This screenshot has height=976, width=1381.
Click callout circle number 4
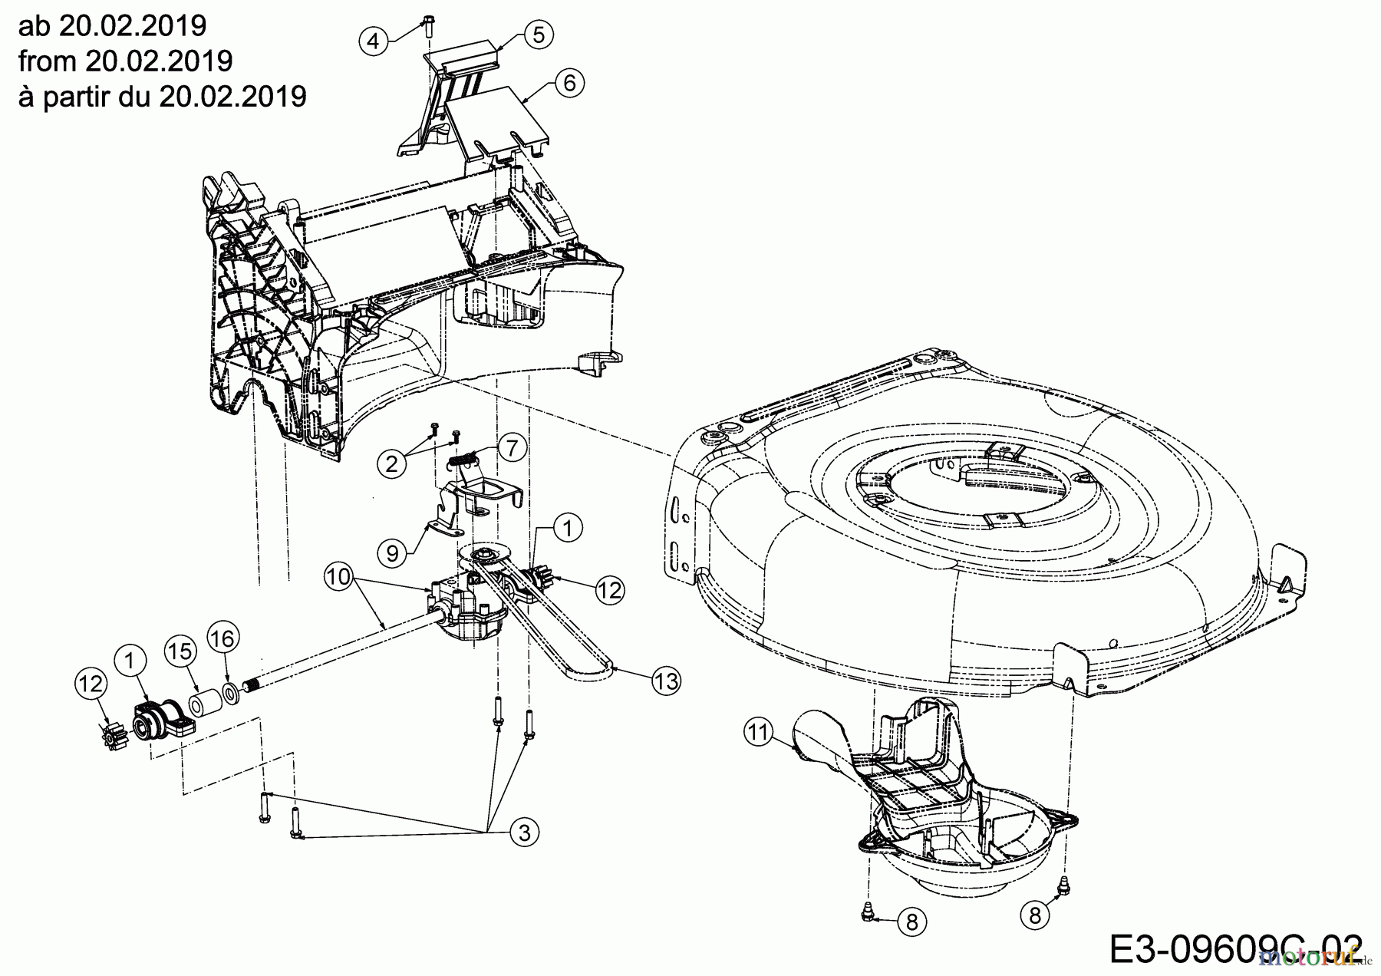374,39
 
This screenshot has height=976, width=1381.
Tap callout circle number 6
569,82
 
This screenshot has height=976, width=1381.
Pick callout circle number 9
393,552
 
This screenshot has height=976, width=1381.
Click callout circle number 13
667,681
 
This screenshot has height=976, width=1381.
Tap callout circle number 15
181,651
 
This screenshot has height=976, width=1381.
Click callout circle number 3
525,833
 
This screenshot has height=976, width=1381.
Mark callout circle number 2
392,464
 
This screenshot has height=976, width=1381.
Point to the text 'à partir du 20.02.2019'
162,95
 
